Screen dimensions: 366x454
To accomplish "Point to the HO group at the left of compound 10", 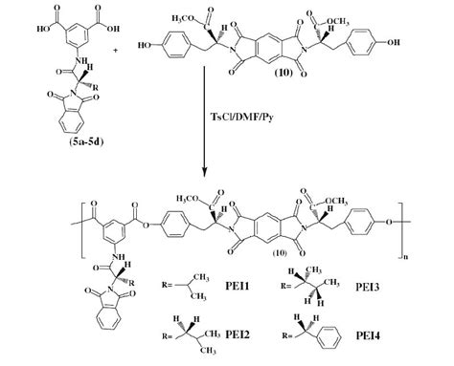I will click(148, 43).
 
